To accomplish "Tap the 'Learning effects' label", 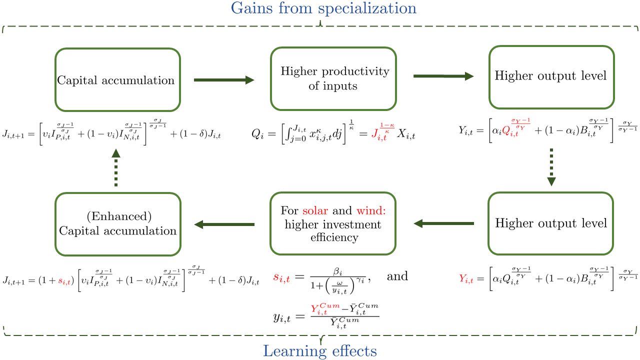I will pyautogui.click(x=320, y=351).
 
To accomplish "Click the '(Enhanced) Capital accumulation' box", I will pyautogui.click(x=117, y=224).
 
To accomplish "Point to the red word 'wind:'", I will pyautogui.click(x=375, y=211).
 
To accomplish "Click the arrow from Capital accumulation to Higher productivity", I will pyautogui.click(x=224, y=79).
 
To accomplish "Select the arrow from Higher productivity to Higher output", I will pyautogui.click(x=443, y=76).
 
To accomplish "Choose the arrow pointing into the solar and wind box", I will pyautogui.click(x=442, y=223).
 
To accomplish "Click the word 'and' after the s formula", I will pyautogui.click(x=397, y=275).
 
